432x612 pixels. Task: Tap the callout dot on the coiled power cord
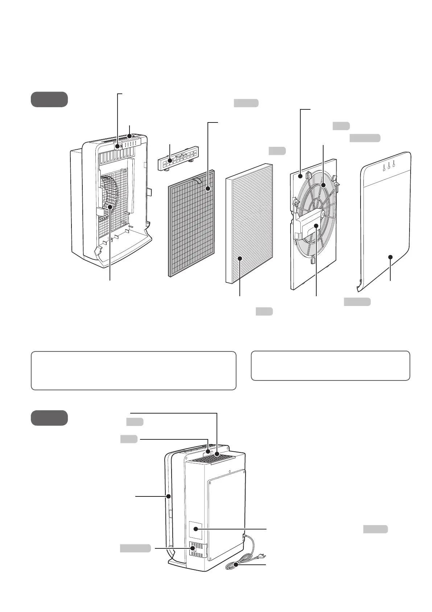(x=236, y=564)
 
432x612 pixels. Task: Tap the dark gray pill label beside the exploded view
(x=49, y=100)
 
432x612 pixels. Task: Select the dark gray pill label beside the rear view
(x=49, y=418)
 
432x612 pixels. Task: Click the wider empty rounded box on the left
(x=133, y=370)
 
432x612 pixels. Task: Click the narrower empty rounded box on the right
(x=330, y=366)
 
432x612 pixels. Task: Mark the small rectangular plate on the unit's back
(x=196, y=531)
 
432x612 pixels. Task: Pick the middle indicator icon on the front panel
(x=389, y=167)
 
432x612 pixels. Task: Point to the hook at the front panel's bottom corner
(x=360, y=285)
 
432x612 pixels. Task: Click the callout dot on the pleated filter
(x=240, y=258)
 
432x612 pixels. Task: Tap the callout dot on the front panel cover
(x=390, y=257)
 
